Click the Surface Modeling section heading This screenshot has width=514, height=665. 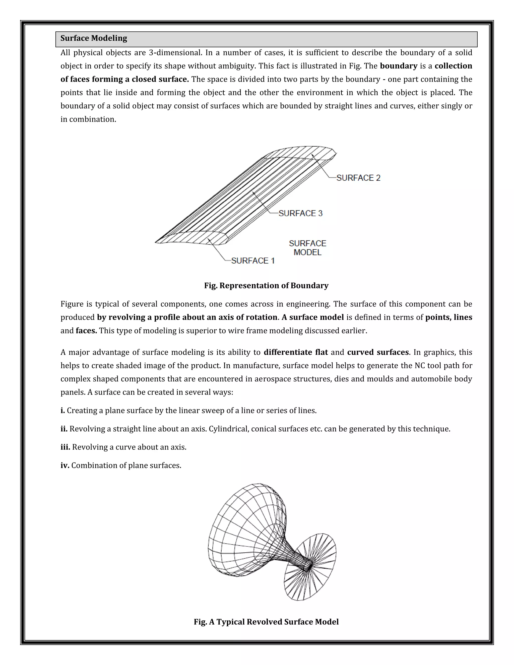coord(94,38)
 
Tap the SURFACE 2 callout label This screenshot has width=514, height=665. coord(358,178)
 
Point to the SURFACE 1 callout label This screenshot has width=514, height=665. coord(253,261)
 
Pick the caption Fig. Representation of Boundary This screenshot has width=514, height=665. coord(266,286)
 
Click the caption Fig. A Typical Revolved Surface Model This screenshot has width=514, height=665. coord(266,622)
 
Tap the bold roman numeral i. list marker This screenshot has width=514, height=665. coord(63,411)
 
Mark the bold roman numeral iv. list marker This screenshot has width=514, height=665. coord(65,465)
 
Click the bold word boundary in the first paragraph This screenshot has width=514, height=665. coord(399,66)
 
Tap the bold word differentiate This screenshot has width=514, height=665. coord(296,352)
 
